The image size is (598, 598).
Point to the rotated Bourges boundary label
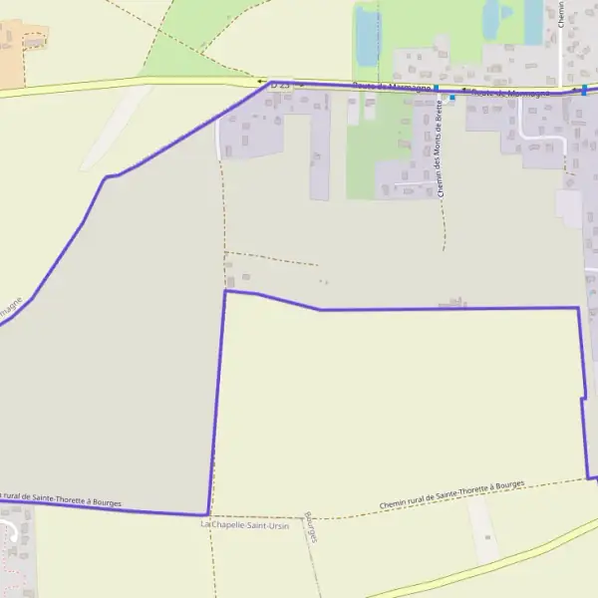point(311,527)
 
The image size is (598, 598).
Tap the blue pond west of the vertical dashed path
point(367,36)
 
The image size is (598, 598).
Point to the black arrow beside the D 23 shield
point(262,82)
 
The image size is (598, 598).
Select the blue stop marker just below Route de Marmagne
point(451,98)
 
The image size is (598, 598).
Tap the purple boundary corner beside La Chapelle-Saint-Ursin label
point(207,514)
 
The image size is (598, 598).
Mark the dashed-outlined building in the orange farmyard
point(35,40)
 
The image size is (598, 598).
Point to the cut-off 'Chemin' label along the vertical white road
point(562,15)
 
